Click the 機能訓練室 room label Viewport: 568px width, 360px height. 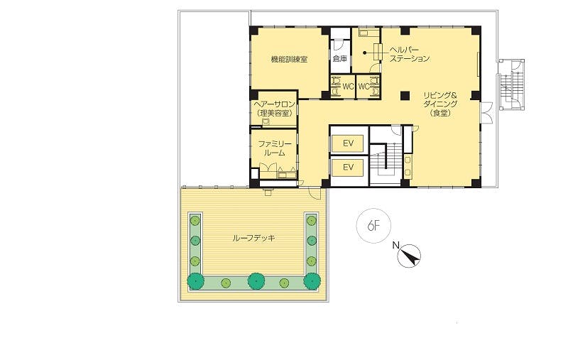click(289, 59)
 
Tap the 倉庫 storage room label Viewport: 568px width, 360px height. click(340, 59)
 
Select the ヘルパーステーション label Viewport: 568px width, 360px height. click(410, 54)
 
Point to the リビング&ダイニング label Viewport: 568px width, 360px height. click(440, 104)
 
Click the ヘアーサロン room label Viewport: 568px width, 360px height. click(274, 109)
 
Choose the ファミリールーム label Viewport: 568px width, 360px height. click(274, 148)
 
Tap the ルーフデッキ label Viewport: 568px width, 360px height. click(253, 238)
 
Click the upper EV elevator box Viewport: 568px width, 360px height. click(348, 143)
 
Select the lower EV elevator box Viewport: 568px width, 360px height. click(348, 168)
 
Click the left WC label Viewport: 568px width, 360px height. click(348, 87)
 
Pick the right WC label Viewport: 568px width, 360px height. click(364, 87)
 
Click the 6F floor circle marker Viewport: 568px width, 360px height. click(373, 226)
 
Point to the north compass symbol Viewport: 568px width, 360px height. click(410, 256)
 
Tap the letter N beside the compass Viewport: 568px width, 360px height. click(395, 246)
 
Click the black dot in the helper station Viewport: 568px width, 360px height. click(365, 53)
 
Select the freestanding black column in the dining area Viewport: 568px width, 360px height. click(405, 96)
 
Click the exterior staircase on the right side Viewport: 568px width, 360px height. click(511, 84)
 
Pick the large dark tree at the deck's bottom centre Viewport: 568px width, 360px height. click(256, 280)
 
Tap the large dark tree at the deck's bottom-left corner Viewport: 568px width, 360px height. click(196, 280)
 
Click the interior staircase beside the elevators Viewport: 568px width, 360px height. click(385, 156)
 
